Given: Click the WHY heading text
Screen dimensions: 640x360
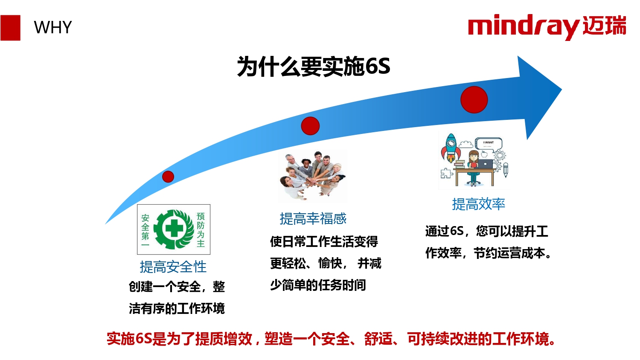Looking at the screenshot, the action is click(52, 27).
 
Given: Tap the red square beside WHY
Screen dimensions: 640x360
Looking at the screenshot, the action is click(10, 28).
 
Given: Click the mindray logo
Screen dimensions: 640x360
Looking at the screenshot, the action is click(547, 27).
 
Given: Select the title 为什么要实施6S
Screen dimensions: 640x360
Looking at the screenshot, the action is click(314, 66).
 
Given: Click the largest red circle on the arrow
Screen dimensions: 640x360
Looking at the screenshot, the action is click(474, 100).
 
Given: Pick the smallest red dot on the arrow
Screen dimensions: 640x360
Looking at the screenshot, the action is click(168, 177).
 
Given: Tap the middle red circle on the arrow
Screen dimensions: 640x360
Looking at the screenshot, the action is click(310, 126).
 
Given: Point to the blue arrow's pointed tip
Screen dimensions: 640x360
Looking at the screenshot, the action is click(561, 90).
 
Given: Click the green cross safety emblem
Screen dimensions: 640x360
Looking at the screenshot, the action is click(174, 229).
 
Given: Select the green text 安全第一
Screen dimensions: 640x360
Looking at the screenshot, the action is click(145, 231).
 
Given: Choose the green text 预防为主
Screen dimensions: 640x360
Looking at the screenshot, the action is click(201, 229).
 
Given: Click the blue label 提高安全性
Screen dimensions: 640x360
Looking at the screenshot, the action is click(173, 267).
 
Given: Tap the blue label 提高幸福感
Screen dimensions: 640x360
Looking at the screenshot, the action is click(313, 219).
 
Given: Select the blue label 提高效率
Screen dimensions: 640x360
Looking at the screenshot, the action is click(479, 204).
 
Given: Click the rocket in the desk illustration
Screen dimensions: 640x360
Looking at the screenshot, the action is click(451, 148).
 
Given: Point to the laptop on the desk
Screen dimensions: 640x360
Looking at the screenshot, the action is click(485, 164).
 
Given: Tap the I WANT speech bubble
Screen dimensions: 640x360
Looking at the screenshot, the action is click(489, 143).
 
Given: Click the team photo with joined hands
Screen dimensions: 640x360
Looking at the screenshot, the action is click(313, 175).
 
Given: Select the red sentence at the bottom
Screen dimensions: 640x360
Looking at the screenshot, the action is click(331, 339).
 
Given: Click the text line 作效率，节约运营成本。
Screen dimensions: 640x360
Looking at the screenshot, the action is click(488, 253).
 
